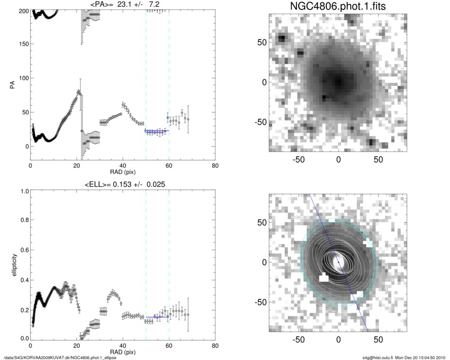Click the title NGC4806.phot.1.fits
[338, 7]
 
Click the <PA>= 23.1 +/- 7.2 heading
[122, 5]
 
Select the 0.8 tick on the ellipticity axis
[23, 221]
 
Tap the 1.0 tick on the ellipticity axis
[23, 191]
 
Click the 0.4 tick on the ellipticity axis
[23, 280]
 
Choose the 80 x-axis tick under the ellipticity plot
[215, 346]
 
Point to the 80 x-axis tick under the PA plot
[215, 166]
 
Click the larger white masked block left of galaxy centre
[323, 278]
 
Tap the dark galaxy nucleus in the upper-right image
[337, 81]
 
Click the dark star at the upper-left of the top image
[281, 38]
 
